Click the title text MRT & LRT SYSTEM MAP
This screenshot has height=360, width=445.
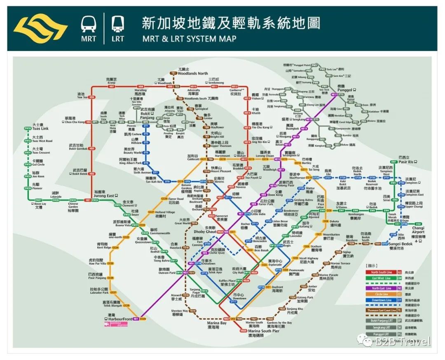coord(189,39)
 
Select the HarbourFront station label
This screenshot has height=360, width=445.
coord(120,319)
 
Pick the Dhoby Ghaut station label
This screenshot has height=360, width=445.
coord(205,232)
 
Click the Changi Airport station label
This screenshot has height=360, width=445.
coord(418,230)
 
